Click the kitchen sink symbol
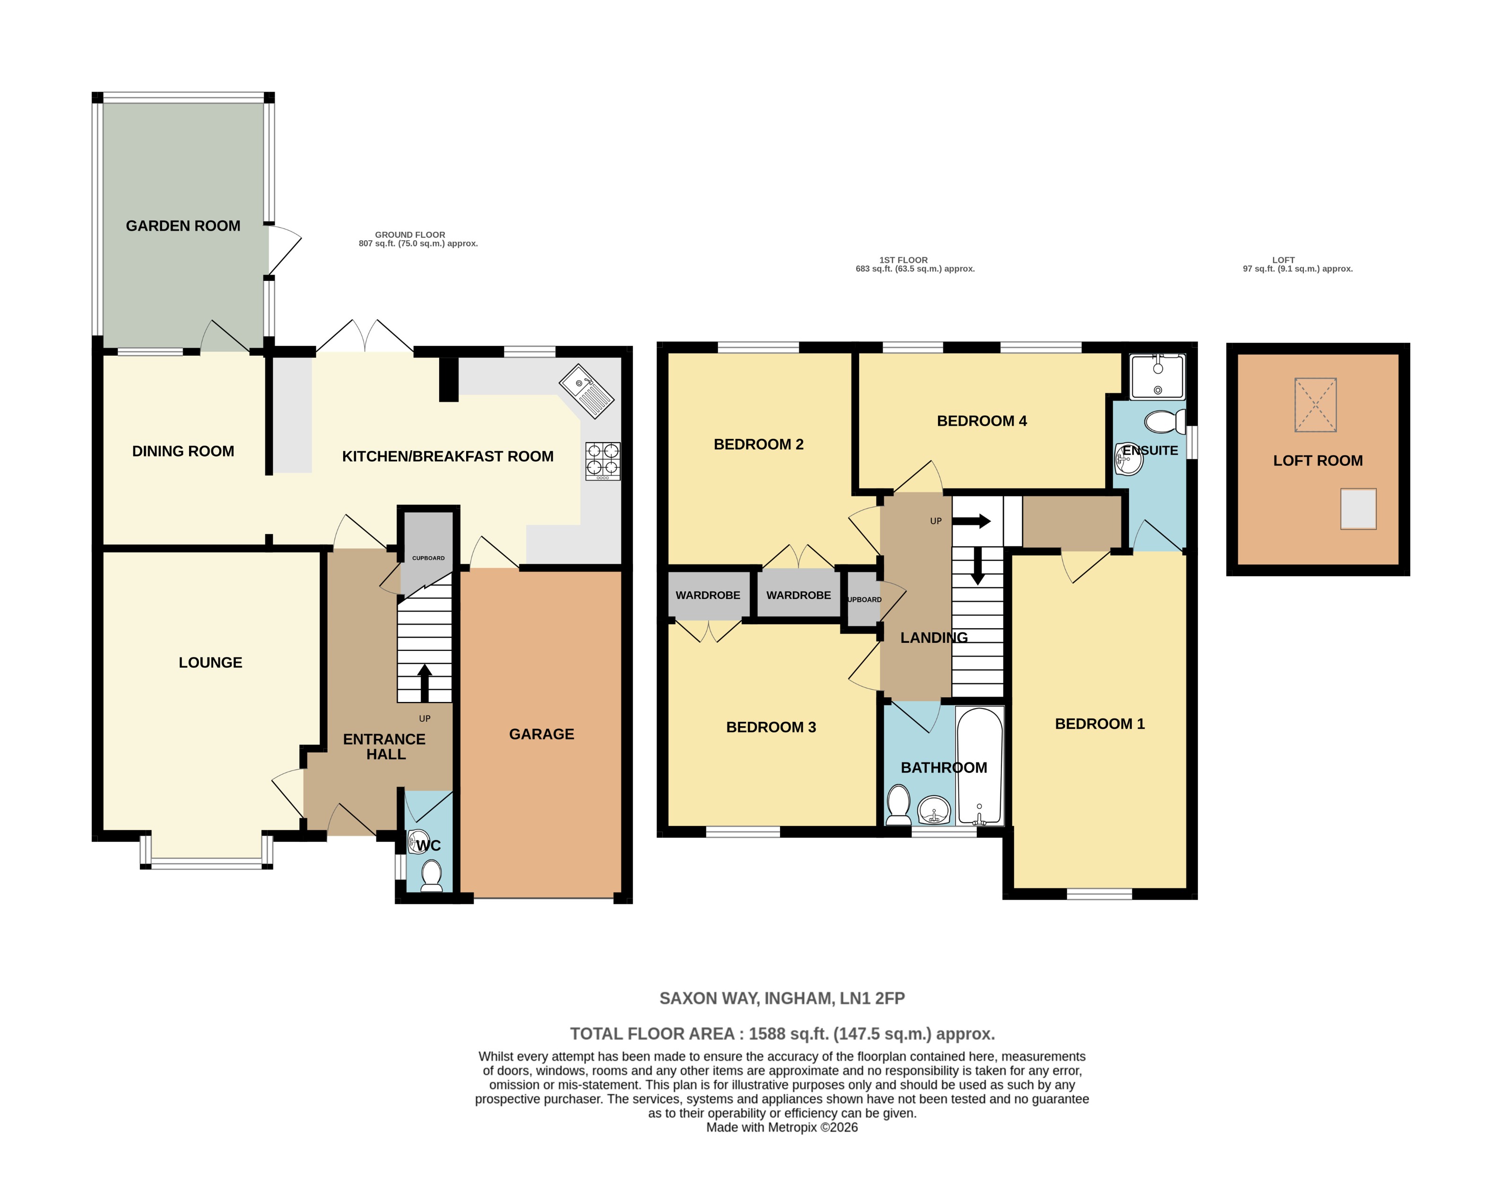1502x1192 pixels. [587, 391]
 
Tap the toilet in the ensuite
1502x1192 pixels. [1164, 421]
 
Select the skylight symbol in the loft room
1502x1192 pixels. [1315, 404]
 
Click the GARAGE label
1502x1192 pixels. [541, 734]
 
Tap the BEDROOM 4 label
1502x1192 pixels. [981, 421]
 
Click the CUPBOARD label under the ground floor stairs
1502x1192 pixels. [428, 558]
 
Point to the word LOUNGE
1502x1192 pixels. [210, 662]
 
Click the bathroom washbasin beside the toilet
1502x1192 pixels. [934, 811]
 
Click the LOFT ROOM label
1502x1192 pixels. [1318, 461]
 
